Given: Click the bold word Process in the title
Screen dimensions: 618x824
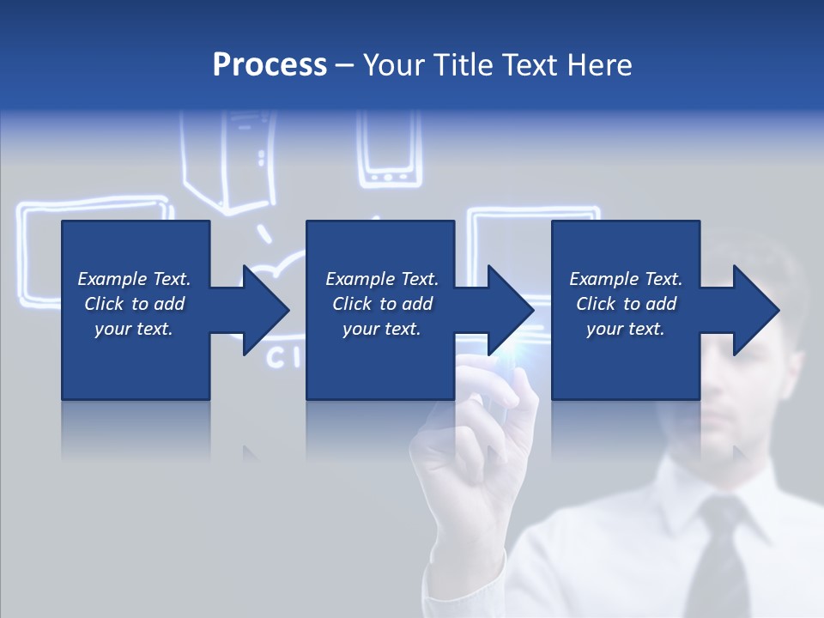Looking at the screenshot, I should (x=270, y=65).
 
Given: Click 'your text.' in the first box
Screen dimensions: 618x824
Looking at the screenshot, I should (x=133, y=329).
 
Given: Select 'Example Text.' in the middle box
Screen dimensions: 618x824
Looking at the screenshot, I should (x=382, y=279).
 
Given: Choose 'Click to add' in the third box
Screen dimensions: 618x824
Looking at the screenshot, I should (x=626, y=304).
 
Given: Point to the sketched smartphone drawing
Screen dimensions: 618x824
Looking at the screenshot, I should (x=389, y=150).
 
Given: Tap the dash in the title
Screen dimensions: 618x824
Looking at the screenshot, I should (x=345, y=66).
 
